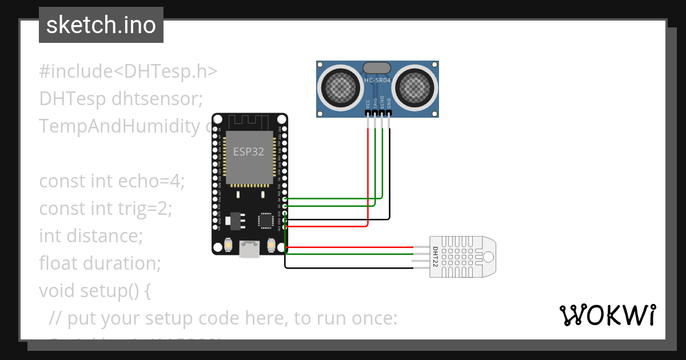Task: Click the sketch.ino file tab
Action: [x=101, y=25]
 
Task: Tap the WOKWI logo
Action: [x=607, y=315]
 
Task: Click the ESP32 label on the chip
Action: [x=249, y=152]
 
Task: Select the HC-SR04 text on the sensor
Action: [x=377, y=81]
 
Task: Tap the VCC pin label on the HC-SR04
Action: [x=368, y=103]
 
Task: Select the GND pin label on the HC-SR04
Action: [x=389, y=103]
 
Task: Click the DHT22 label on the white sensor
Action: [x=435, y=258]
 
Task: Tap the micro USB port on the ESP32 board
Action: [x=250, y=247]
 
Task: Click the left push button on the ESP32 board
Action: [x=229, y=245]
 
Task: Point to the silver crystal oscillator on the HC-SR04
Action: [x=377, y=69]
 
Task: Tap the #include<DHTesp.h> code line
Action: [x=129, y=71]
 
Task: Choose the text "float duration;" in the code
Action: [x=100, y=263]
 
